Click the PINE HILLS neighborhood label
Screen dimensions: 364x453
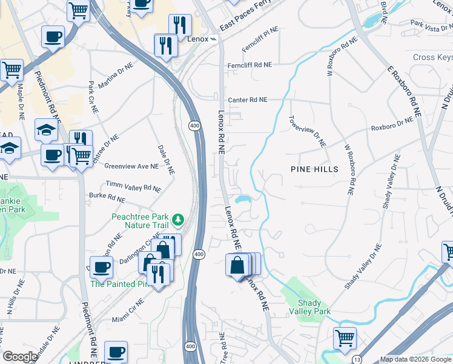point(314,169)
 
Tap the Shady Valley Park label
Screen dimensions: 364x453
point(314,306)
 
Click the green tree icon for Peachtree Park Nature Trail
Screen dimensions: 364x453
point(177,218)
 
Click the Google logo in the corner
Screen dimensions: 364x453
point(20,357)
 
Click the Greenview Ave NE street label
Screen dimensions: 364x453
point(131,166)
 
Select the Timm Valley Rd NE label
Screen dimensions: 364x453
point(134,186)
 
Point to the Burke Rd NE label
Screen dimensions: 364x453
point(107,197)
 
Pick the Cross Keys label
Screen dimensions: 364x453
point(432,58)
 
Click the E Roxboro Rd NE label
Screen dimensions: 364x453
point(405,90)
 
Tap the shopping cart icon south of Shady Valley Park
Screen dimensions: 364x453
point(345,338)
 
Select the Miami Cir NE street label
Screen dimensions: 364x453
point(128,310)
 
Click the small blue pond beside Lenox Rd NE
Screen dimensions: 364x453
point(244,199)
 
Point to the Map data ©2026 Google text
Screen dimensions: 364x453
point(415,359)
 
